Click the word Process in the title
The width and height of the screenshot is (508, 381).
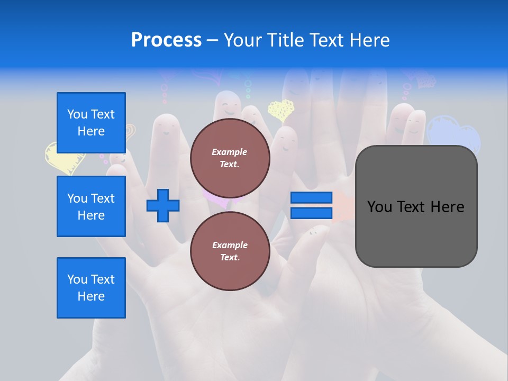click(166, 40)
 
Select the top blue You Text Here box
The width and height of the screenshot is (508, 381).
click(91, 123)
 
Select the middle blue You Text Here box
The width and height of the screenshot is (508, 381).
click(91, 206)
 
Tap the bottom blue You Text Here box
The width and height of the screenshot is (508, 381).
click(91, 288)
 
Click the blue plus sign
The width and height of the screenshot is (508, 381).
click(163, 205)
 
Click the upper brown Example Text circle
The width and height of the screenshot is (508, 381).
click(230, 158)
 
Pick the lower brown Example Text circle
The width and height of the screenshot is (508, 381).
click(230, 251)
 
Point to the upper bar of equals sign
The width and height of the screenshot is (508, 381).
click(311, 197)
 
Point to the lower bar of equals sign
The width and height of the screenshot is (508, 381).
click(311, 213)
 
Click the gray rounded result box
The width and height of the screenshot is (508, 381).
click(416, 238)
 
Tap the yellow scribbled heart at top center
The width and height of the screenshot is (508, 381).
click(280, 110)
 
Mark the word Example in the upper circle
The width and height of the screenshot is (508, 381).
click(230, 152)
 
